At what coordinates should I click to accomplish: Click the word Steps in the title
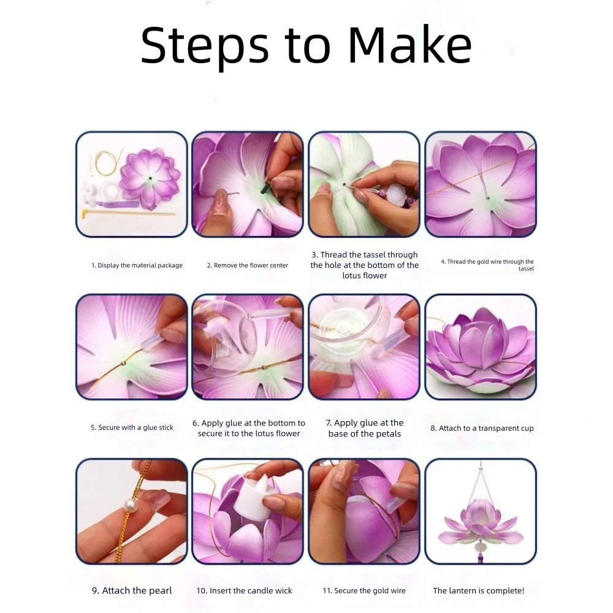click(205, 48)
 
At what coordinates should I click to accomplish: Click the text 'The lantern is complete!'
click(479, 590)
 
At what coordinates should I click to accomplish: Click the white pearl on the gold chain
click(129, 506)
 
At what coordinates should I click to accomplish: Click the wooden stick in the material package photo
click(128, 213)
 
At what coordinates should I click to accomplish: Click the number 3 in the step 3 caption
click(314, 255)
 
